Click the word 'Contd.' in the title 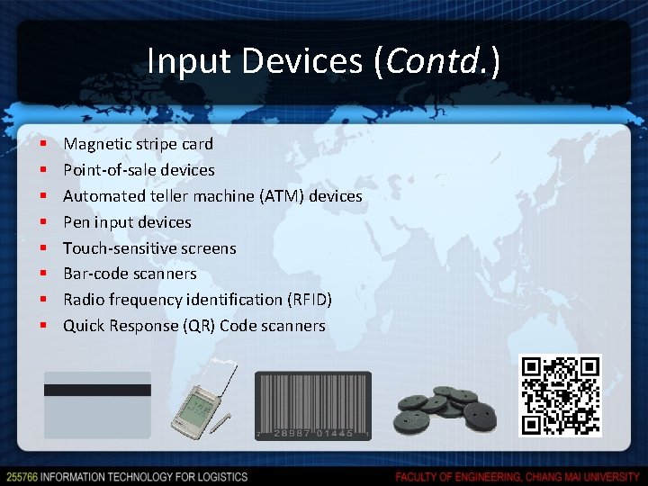(x=436, y=61)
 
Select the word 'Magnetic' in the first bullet (x=96, y=144)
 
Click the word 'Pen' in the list (x=76, y=222)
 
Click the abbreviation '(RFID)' (x=310, y=300)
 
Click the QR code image (x=560, y=395)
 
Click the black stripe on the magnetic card (x=97, y=391)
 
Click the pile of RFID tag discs (x=447, y=410)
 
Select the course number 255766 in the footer (x=22, y=476)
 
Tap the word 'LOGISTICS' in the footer (x=219, y=476)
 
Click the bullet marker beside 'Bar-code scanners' (x=42, y=274)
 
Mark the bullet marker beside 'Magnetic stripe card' (x=42, y=144)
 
